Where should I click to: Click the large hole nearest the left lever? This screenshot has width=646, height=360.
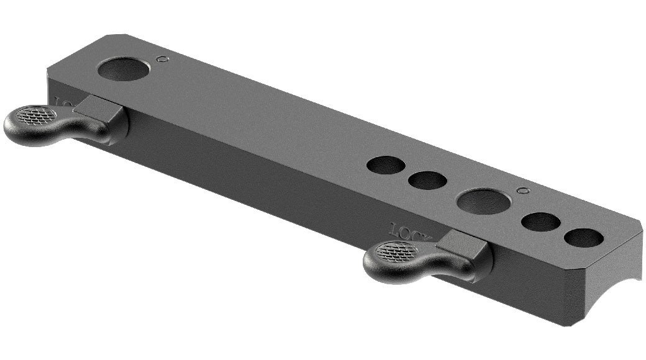124,68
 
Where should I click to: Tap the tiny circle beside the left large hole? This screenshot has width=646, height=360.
163,59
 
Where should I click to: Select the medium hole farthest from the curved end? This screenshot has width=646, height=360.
386,165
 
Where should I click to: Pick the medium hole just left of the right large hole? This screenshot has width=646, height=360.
427,181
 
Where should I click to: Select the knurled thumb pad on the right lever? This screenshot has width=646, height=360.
395,251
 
